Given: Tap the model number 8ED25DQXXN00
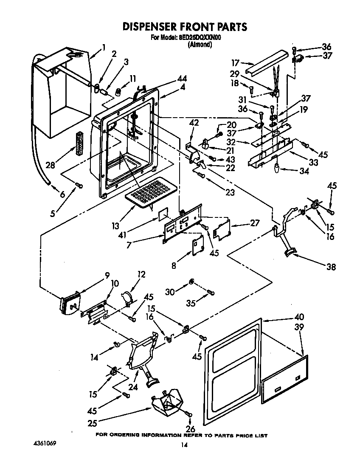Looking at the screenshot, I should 200,38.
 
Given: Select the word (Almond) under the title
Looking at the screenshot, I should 200,44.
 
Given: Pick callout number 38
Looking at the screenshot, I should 331,267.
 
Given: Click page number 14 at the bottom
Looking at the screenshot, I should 184,445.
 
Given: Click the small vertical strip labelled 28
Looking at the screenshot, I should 79,145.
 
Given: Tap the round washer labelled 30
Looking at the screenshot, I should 191,282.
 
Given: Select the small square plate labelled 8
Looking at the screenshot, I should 197,246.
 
